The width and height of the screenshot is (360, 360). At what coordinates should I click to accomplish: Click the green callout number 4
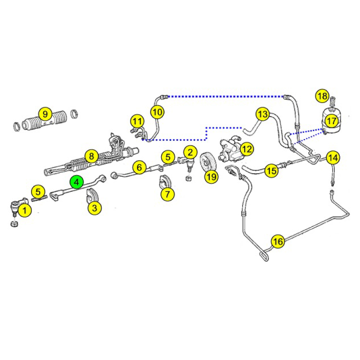pyautogui.click(x=76, y=182)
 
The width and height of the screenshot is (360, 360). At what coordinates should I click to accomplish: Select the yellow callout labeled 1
pyautogui.click(x=25, y=210)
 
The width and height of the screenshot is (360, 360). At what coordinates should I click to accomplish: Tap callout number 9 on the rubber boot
pyautogui.click(x=45, y=114)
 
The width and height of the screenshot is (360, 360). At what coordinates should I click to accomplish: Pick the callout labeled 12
pyautogui.click(x=247, y=149)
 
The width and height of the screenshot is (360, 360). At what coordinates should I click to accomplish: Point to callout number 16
pyautogui.click(x=278, y=242)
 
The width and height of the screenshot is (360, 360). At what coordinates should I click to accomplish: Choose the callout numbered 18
pyautogui.click(x=323, y=96)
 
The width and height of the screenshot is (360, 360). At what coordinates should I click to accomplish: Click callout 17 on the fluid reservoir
pyautogui.click(x=332, y=121)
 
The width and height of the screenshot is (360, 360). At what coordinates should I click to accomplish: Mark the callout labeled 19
pyautogui.click(x=211, y=176)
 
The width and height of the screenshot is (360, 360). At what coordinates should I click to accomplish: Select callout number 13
pyautogui.click(x=263, y=114)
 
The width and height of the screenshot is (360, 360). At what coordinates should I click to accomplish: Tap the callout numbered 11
pyautogui.click(x=137, y=121)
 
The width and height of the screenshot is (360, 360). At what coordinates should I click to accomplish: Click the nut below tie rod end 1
pyautogui.click(x=14, y=224)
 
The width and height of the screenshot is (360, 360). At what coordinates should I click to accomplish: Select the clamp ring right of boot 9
pyautogui.click(x=74, y=113)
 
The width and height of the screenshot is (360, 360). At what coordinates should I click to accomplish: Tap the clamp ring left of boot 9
pyautogui.click(x=17, y=126)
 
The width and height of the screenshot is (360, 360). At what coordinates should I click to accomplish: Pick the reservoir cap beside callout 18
pyautogui.click(x=333, y=101)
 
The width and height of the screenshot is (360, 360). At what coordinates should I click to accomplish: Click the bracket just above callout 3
pyautogui.click(x=91, y=196)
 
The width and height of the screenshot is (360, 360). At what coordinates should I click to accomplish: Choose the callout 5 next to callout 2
pyautogui.click(x=168, y=157)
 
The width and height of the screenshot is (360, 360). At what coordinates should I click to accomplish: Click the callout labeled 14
pyautogui.click(x=333, y=158)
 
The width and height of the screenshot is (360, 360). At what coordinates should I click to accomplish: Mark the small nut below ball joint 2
pyautogui.click(x=188, y=178)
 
